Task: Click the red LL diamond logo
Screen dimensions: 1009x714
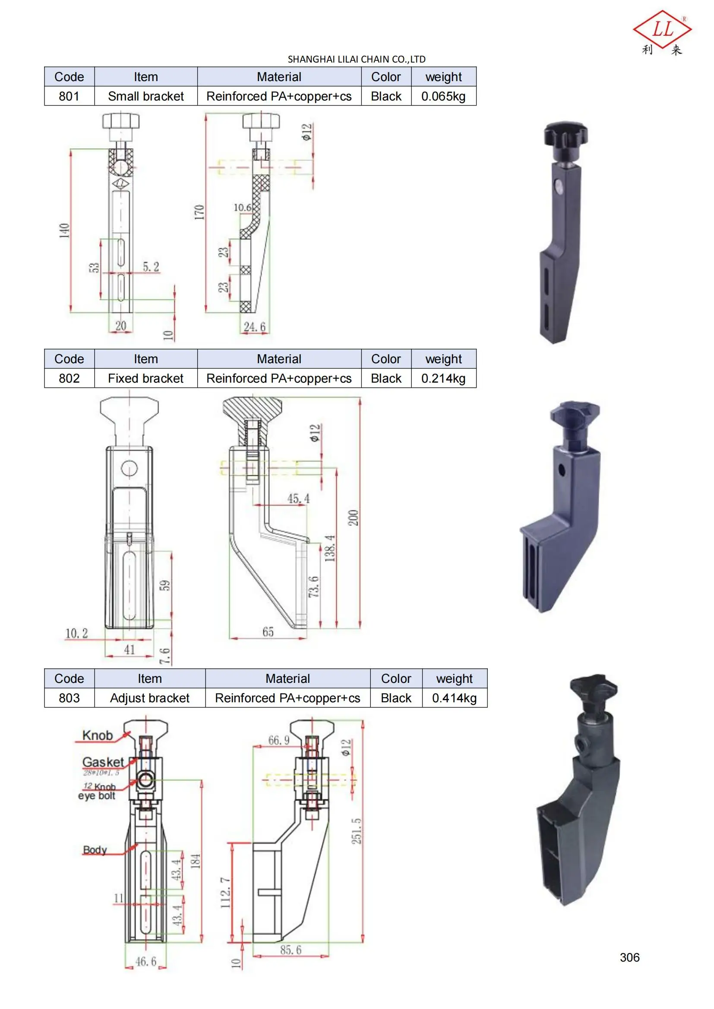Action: pos(662,30)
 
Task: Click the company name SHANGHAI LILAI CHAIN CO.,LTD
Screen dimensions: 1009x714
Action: pos(356,59)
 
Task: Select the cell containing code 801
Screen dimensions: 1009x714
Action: pos(69,96)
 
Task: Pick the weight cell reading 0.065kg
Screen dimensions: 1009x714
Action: pos(443,96)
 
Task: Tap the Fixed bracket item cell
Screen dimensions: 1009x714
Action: pos(145,378)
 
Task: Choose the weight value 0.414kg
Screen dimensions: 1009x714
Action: pos(454,698)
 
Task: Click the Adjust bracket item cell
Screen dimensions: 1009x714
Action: pos(149,698)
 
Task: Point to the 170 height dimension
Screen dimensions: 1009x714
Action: pos(199,212)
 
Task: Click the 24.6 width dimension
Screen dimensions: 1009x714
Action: pos(255,327)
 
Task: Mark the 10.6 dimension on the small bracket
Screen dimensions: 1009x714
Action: pos(242,207)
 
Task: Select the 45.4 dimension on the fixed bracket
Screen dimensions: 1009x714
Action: pos(298,499)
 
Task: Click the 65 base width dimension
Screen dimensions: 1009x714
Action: pos(268,632)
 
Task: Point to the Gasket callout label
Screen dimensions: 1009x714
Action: pos(103,762)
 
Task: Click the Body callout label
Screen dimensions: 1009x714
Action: pos(95,850)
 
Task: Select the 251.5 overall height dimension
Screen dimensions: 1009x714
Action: pos(356,831)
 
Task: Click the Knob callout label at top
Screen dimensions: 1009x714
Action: pos(97,735)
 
